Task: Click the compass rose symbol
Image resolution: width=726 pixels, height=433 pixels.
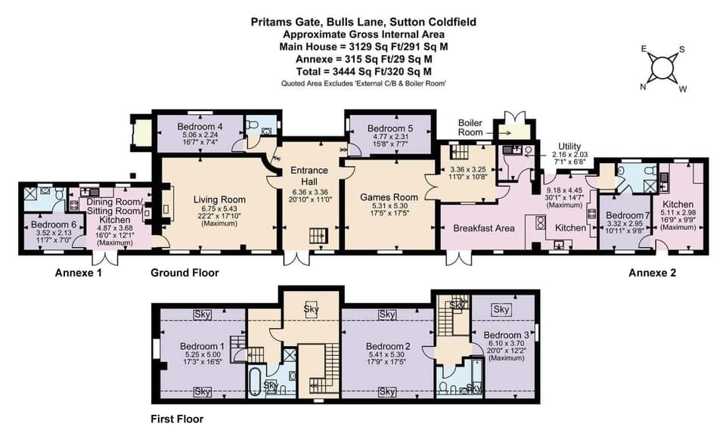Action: (662, 68)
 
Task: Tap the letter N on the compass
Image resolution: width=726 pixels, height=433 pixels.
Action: (644, 86)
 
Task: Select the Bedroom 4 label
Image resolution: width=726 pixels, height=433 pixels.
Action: (200, 126)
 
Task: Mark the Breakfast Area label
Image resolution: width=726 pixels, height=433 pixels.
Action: (484, 228)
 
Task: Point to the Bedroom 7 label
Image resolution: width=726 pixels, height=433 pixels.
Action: (624, 215)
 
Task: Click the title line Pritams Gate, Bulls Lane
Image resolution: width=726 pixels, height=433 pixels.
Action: (363, 22)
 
